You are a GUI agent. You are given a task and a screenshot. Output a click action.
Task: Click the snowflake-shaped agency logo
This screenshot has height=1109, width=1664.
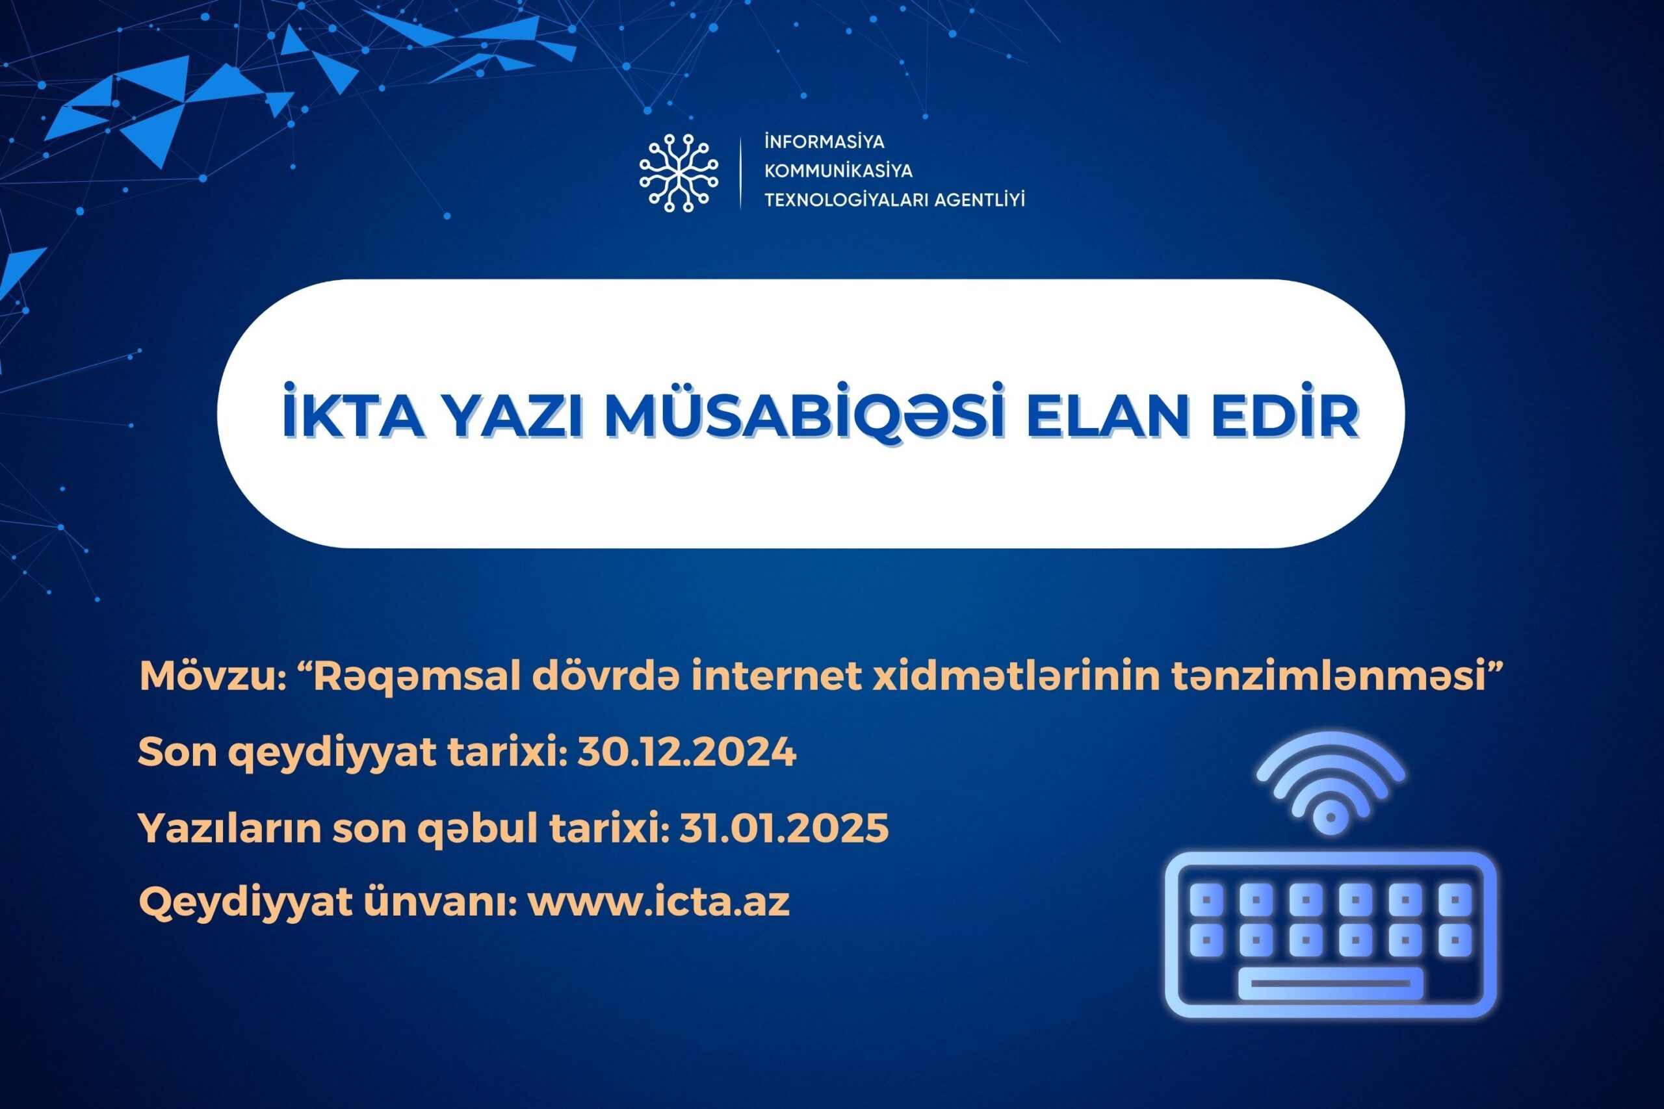click(x=679, y=173)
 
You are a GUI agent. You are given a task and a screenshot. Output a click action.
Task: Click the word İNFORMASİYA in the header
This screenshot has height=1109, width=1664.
click(x=824, y=142)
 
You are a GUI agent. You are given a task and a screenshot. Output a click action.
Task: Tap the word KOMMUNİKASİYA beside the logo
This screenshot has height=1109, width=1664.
click(x=838, y=170)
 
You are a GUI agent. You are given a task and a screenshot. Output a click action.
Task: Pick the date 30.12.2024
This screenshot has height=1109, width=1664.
click(x=687, y=752)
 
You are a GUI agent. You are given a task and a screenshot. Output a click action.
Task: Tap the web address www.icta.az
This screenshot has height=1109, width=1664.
click(x=658, y=902)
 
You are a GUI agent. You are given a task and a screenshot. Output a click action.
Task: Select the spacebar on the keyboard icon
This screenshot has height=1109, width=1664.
click(x=1330, y=983)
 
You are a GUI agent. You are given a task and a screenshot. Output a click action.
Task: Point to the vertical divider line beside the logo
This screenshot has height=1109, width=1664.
click(x=741, y=173)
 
